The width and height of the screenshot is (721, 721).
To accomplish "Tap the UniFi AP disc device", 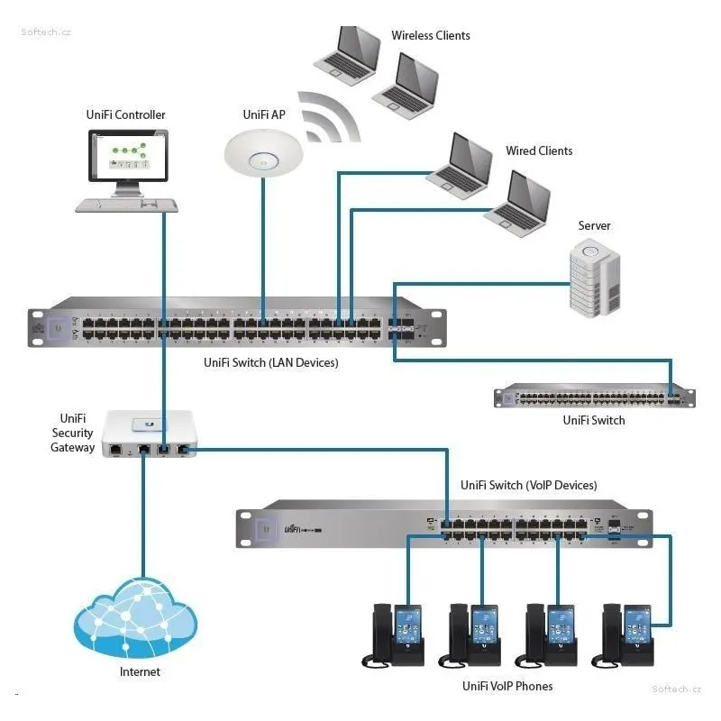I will click(x=262, y=151).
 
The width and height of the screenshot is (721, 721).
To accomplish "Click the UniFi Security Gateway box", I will click(x=149, y=434).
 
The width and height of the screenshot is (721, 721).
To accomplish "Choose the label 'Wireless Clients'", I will click(x=430, y=36).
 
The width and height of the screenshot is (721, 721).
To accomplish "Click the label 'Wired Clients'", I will click(x=538, y=151).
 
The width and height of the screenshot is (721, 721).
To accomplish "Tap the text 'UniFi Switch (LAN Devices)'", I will click(x=270, y=362).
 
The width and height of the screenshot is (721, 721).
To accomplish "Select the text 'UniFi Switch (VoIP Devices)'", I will click(x=528, y=485).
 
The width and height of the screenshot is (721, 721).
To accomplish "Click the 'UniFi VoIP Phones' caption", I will click(x=507, y=687).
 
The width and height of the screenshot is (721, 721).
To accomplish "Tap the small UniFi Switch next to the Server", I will click(x=594, y=397).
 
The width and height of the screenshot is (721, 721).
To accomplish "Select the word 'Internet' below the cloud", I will click(x=140, y=672).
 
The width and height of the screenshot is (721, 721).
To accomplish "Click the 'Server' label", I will click(x=594, y=225).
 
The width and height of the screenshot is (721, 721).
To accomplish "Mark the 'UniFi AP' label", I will click(x=264, y=114).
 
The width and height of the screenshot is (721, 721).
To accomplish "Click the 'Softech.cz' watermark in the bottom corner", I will click(x=676, y=689).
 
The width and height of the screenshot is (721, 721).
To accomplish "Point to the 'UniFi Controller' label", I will click(x=127, y=114).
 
